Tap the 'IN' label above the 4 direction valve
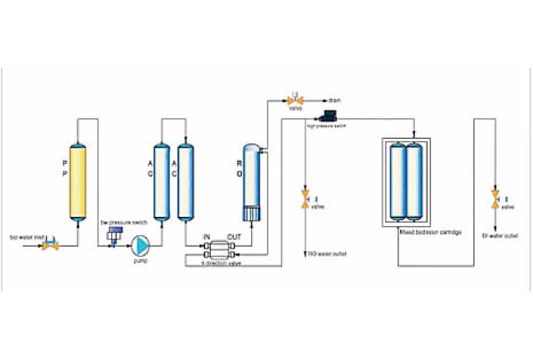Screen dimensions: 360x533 [x=206, y=238]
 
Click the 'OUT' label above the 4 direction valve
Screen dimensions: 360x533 [x=234, y=238]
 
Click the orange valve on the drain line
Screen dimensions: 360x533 [x=295, y=100]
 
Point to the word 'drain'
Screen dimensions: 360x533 [x=334, y=100]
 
